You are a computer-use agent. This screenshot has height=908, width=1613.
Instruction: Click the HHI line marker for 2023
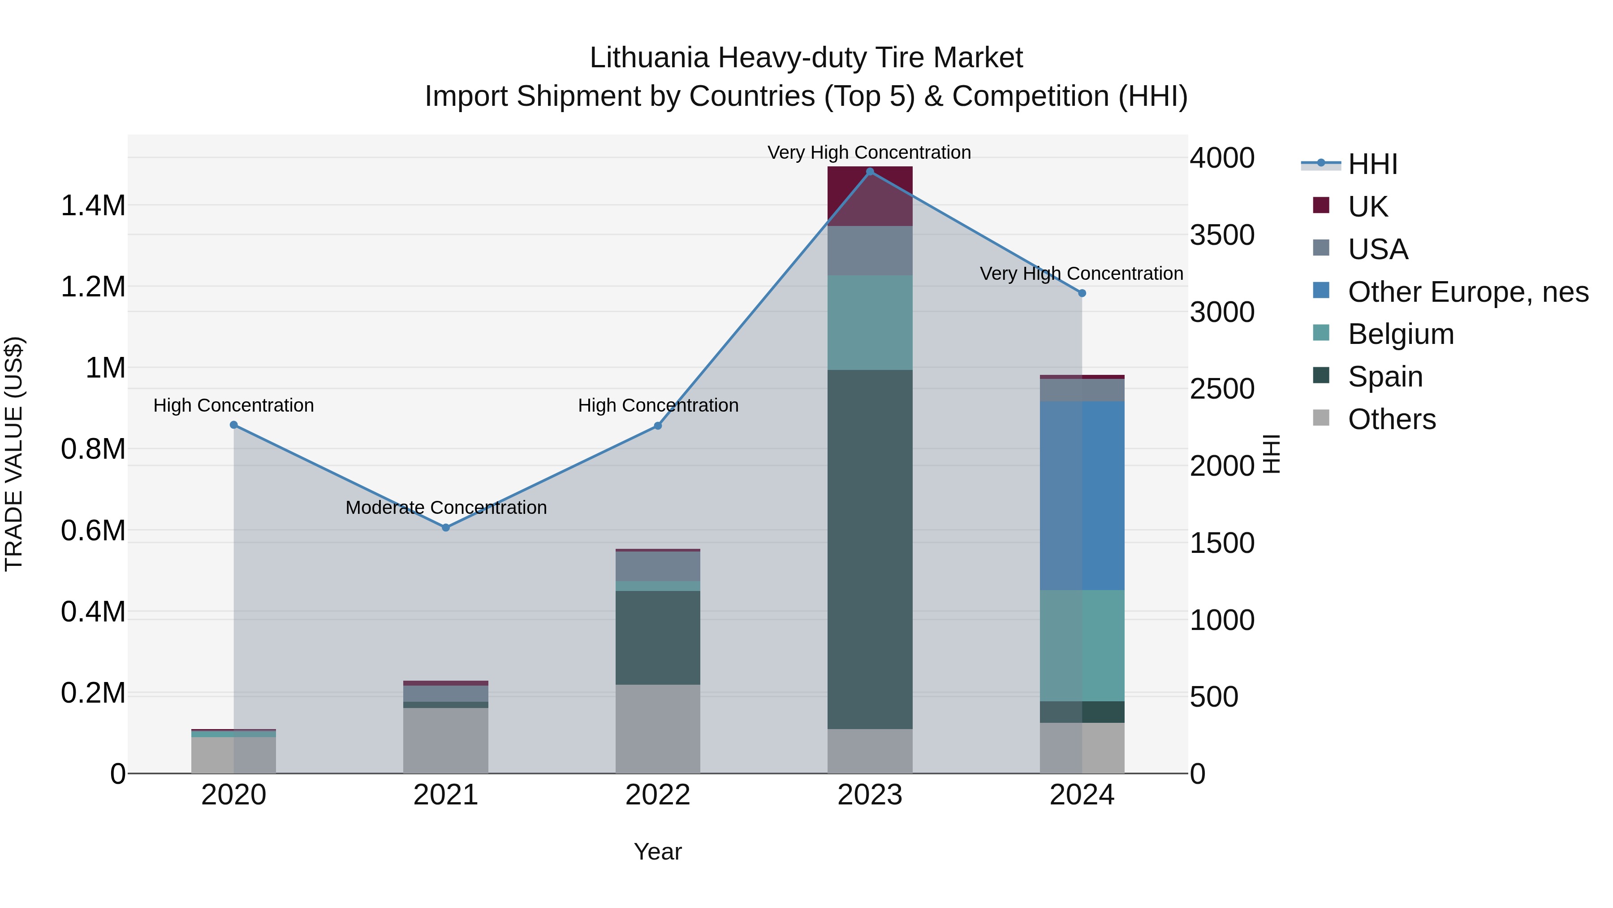point(870,172)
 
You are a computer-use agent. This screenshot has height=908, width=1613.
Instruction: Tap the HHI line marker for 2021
point(446,528)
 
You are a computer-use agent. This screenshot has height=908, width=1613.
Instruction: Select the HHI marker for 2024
point(1082,293)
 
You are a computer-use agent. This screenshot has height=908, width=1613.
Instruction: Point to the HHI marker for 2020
point(233,425)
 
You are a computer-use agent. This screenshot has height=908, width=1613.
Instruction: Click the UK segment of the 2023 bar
point(870,196)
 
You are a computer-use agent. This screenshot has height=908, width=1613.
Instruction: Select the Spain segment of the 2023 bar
point(870,549)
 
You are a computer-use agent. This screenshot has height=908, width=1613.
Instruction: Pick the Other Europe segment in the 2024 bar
point(1082,495)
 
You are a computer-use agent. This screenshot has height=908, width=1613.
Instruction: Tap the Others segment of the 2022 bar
point(657,728)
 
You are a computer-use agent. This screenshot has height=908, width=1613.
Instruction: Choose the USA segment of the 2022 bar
point(657,566)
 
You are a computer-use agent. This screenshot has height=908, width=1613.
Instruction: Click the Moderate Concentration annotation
point(446,508)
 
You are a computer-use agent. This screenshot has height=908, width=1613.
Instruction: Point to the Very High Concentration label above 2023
point(869,152)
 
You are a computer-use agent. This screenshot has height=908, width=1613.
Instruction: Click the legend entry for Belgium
point(1401,334)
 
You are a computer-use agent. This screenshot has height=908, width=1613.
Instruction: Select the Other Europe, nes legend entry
point(1468,292)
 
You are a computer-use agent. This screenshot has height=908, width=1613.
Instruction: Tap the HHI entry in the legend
point(1372,164)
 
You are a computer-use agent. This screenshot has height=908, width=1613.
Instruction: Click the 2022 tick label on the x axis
point(657,795)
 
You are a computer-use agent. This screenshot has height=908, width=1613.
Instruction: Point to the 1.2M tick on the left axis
point(93,287)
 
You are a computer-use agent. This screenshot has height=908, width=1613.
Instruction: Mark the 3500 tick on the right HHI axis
point(1222,235)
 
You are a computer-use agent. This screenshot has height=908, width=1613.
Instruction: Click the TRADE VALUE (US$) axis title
point(14,454)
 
